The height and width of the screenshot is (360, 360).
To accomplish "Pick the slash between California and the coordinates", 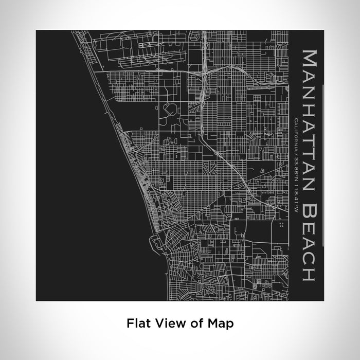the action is click(297, 153).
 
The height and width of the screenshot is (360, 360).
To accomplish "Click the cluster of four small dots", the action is click(281, 225).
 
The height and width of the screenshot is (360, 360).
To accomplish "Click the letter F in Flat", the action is click(129, 323).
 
